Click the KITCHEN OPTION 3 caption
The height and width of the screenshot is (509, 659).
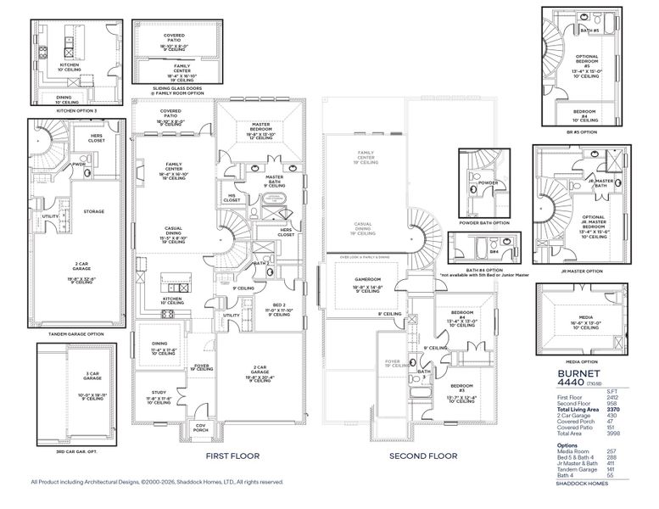[x=78, y=110]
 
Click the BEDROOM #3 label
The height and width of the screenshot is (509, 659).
[x=462, y=387]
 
